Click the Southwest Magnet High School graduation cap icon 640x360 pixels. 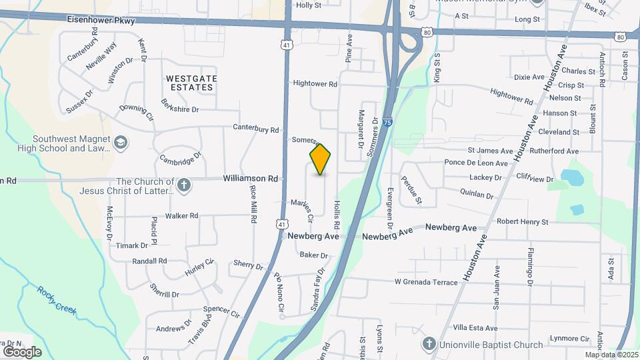[121, 143]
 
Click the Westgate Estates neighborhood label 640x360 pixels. [191, 83]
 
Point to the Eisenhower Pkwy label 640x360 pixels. [101, 21]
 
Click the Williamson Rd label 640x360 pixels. [250, 179]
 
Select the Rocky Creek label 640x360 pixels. [57, 301]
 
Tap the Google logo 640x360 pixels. [22, 351]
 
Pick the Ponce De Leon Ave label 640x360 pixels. [476, 163]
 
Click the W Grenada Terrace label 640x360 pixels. [426, 282]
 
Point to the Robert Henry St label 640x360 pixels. [522, 221]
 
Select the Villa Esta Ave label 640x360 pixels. [475, 328]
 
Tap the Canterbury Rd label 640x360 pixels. [255, 129]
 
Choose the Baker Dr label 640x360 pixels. [314, 255]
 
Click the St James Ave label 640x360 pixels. [490, 151]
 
